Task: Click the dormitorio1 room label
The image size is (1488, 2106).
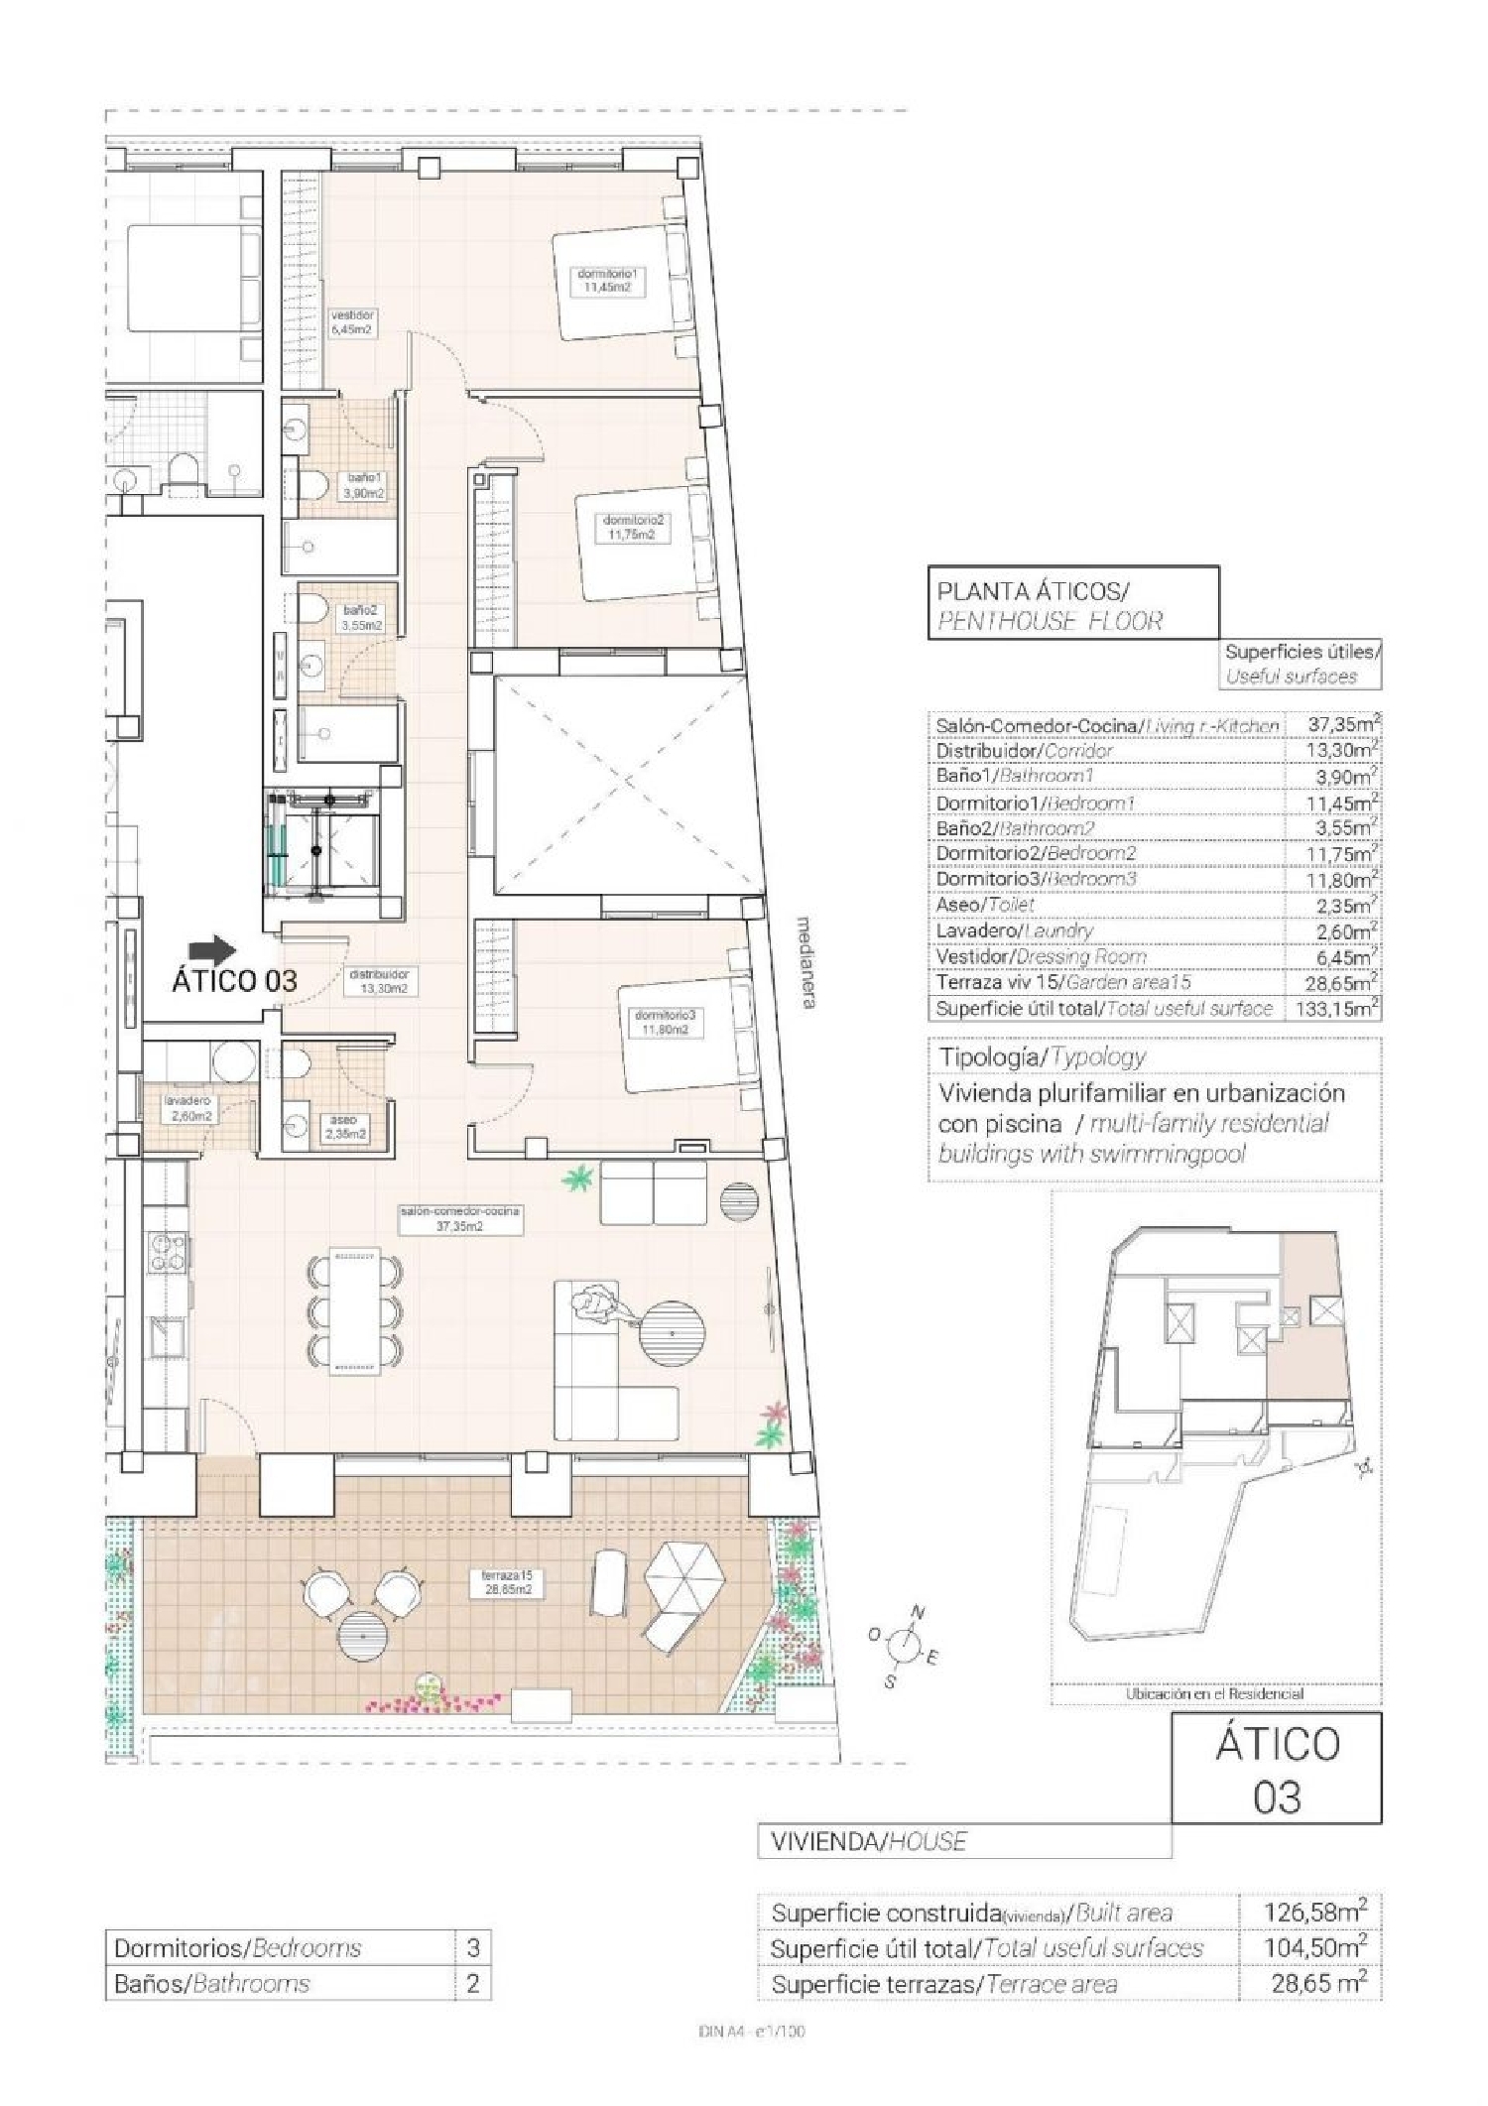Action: coord(605,280)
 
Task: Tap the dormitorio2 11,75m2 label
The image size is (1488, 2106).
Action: coord(632,527)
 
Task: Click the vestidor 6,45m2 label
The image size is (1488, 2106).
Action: coord(352,321)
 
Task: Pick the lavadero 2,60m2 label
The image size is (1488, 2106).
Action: coord(188,1109)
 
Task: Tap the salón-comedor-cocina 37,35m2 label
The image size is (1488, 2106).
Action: coord(460,1218)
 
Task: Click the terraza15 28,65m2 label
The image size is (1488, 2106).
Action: coord(508,1581)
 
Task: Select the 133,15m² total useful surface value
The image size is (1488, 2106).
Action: coord(1336,1009)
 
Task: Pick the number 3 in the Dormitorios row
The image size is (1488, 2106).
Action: coord(473,1947)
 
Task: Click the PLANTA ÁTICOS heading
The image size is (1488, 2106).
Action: coord(1032,591)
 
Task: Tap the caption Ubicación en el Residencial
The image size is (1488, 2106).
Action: coord(1214,1694)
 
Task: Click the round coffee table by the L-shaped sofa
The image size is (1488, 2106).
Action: coord(671,1334)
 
